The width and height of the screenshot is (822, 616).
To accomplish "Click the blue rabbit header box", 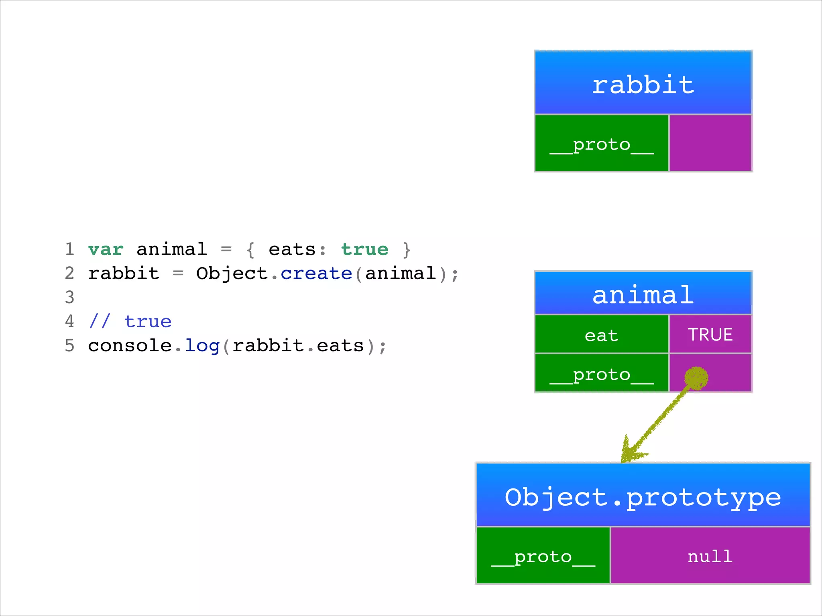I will [643, 83].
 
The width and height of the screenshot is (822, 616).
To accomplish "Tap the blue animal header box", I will [643, 293].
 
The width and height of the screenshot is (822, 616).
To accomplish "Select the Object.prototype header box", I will [643, 495].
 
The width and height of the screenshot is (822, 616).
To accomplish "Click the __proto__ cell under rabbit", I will [601, 144].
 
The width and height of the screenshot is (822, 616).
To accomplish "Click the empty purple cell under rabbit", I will [710, 144].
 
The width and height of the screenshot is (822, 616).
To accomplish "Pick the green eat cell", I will [601, 334].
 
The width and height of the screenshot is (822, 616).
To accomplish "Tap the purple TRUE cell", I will [710, 334].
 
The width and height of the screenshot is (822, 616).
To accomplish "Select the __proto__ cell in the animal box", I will [601, 373].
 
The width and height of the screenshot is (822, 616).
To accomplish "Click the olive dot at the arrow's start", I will [696, 378].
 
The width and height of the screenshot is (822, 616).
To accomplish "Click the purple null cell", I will [710, 556].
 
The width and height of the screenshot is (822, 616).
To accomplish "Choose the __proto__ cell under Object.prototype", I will [543, 556].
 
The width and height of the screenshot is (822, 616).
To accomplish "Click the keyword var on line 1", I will [106, 249].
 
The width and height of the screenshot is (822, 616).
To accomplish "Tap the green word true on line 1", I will [364, 249].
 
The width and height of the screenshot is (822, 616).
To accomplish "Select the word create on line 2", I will [316, 274].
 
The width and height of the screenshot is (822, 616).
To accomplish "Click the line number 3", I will [69, 298].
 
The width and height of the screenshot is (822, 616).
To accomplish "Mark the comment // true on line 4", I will [130, 322].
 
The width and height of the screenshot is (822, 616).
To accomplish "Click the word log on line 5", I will [202, 346].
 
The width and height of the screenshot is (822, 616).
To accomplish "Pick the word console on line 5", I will [130, 346].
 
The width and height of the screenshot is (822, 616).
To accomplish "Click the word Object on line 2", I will [232, 274].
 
